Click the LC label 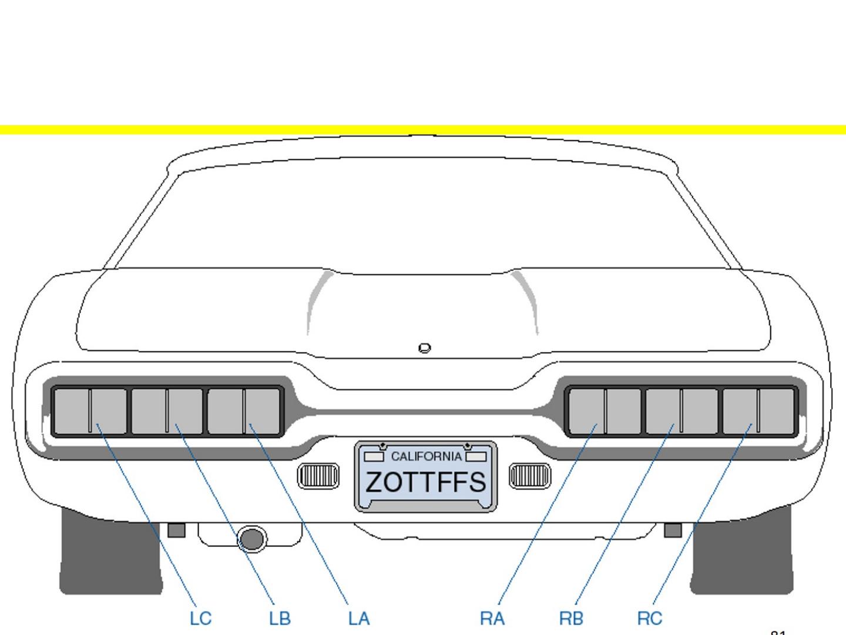click(200, 619)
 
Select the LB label click(280, 619)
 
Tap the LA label click(359, 619)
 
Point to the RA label click(492, 619)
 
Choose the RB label click(571, 619)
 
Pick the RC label click(650, 619)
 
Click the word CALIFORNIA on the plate click(426, 456)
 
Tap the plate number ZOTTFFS click(426, 482)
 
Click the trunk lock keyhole click(425, 348)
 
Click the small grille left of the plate click(318, 476)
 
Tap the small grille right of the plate click(530, 476)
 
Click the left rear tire click(110, 556)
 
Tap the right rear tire click(741, 556)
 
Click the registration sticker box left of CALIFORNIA click(374, 457)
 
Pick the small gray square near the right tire click(673, 530)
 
